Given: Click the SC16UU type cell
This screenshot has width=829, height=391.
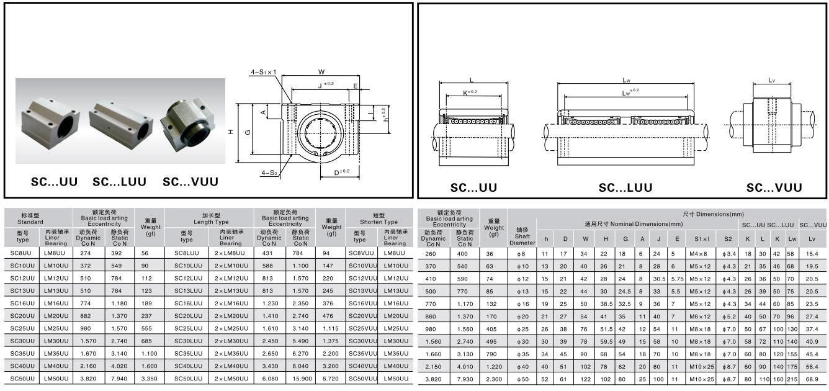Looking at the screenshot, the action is pos(22,303).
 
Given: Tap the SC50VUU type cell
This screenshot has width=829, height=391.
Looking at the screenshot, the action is pos(362,379).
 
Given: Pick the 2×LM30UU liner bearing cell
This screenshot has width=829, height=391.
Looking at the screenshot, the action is pos(231,341).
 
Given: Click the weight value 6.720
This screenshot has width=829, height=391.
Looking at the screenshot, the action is pos(331,379).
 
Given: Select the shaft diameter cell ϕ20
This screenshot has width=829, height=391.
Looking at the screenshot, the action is pos(523,317).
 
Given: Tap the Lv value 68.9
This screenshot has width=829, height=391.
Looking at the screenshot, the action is pos(812,380).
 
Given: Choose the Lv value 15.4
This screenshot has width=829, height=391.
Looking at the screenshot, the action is pos(812,254).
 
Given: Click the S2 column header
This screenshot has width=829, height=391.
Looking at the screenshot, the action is pos(728,239).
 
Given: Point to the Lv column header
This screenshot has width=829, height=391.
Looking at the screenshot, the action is pos(812,239).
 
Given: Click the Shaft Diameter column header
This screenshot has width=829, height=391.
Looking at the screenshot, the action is pos(522,236).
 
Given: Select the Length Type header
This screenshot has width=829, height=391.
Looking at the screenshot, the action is pos(211,222).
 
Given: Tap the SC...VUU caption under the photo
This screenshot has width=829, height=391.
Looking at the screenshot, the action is pos(190,182).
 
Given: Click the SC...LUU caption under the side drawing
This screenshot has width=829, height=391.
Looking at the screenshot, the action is pos(625,187).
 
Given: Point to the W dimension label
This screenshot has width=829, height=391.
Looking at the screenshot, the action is pos(321,72).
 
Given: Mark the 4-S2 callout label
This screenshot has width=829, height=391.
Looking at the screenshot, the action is pos(269,173).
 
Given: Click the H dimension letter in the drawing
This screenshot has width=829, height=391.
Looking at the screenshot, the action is pos(231,132).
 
